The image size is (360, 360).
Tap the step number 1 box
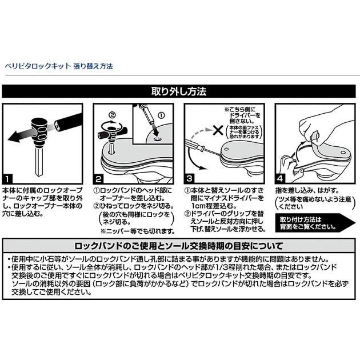[x=8, y=177]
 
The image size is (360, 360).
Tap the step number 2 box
[x=98, y=177]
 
